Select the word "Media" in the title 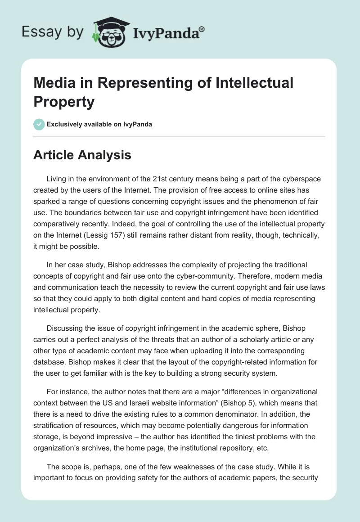[52, 83]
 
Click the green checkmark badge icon [39, 124]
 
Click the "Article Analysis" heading [82, 155]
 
